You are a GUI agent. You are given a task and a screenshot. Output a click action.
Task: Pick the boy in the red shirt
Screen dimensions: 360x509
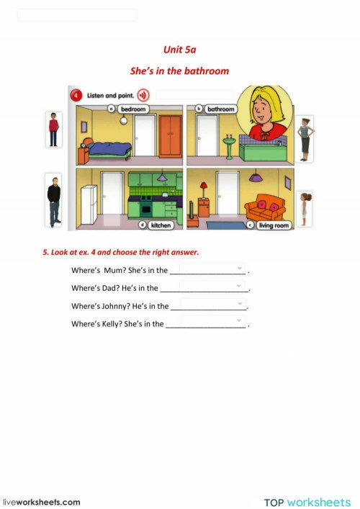53,130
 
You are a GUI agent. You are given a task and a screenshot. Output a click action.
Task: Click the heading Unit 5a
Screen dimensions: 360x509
179,50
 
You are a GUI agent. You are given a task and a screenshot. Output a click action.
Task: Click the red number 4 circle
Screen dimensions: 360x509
76,95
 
